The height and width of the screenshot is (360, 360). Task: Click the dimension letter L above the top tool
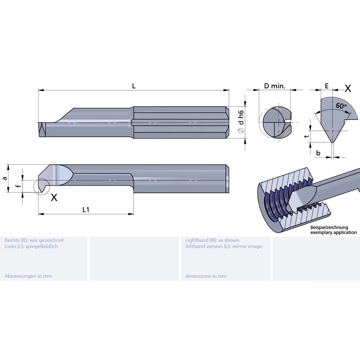click(x=134, y=86)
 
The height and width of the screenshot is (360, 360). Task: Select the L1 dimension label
click(x=86, y=209)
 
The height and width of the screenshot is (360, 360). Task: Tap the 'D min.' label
click(x=274, y=86)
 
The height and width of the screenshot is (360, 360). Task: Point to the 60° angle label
click(x=341, y=106)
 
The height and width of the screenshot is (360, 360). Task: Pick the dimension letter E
click(x=327, y=86)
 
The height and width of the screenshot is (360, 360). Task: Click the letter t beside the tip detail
click(x=306, y=136)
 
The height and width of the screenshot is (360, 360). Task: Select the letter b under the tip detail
click(x=318, y=153)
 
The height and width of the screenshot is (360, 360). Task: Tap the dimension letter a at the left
click(x=5, y=178)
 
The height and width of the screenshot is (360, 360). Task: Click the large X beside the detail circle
click(x=54, y=197)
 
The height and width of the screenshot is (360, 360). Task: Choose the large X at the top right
click(x=348, y=88)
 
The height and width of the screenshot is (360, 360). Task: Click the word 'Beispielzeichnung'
click(x=330, y=227)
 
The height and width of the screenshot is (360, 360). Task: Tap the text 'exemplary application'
click(x=334, y=232)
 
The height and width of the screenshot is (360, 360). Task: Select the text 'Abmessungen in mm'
click(x=28, y=276)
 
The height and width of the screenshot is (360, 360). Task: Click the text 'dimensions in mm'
click(x=206, y=276)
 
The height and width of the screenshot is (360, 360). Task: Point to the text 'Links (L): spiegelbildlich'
click(x=31, y=246)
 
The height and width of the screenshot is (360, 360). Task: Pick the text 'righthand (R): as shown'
click(x=212, y=240)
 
